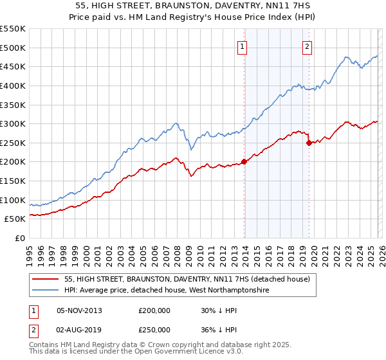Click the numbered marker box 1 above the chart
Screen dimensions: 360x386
tap(243, 46)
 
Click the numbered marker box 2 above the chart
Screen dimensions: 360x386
tap(308, 46)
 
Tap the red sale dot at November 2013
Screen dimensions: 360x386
tap(244, 161)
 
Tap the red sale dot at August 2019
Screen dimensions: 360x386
tap(309, 143)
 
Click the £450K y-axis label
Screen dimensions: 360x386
tap(13, 66)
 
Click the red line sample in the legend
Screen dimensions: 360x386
tap(46, 280)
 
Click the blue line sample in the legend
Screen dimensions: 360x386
tap(46, 291)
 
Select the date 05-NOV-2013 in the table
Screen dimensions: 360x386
tap(80, 310)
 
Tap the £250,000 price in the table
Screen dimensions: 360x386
tap(154, 329)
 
